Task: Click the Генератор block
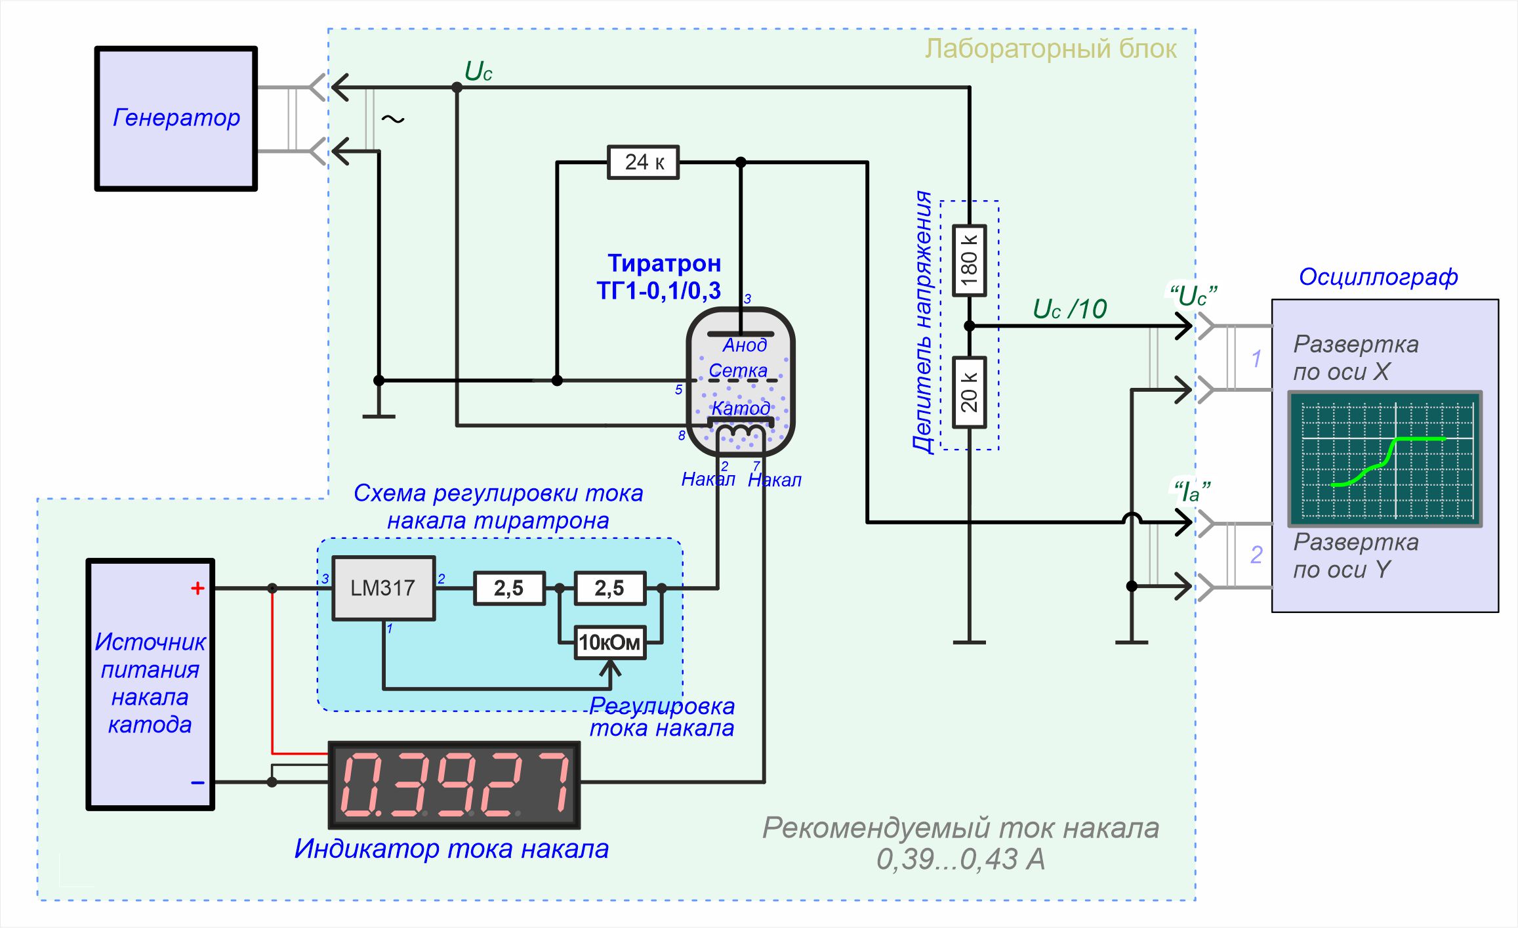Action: tap(176, 119)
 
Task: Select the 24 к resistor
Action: tap(643, 162)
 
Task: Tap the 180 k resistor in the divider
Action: tap(969, 261)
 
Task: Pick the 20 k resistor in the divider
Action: tap(969, 392)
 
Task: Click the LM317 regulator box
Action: tap(383, 588)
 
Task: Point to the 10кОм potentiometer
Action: tap(609, 643)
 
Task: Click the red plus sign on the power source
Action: tap(197, 588)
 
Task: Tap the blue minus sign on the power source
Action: tap(197, 782)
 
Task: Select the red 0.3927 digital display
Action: tap(454, 784)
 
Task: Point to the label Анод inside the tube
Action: tap(745, 345)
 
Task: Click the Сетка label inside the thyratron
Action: tap(738, 371)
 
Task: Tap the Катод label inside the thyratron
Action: tap(741, 408)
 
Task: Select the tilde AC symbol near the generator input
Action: tap(393, 119)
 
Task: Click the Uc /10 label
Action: tap(1070, 309)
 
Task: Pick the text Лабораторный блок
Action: tap(1050, 49)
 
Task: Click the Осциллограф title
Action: tap(1378, 277)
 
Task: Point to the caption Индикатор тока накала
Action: tap(451, 849)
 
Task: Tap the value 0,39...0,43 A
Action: tap(960, 860)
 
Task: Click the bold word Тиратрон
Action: tap(664, 263)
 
